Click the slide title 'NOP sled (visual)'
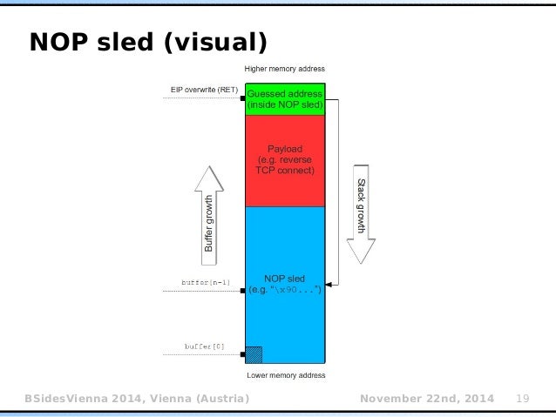147,41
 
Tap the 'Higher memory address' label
284,69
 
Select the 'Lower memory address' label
284,375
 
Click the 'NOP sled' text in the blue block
285,279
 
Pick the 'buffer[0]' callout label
205,346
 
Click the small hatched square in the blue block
254,354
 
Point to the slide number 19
524,399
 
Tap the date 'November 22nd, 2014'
426,399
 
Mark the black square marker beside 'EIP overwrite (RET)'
243,99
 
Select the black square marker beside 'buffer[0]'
243,354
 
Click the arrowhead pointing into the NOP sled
329,284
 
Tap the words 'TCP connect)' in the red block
285,171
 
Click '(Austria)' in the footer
219,399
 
